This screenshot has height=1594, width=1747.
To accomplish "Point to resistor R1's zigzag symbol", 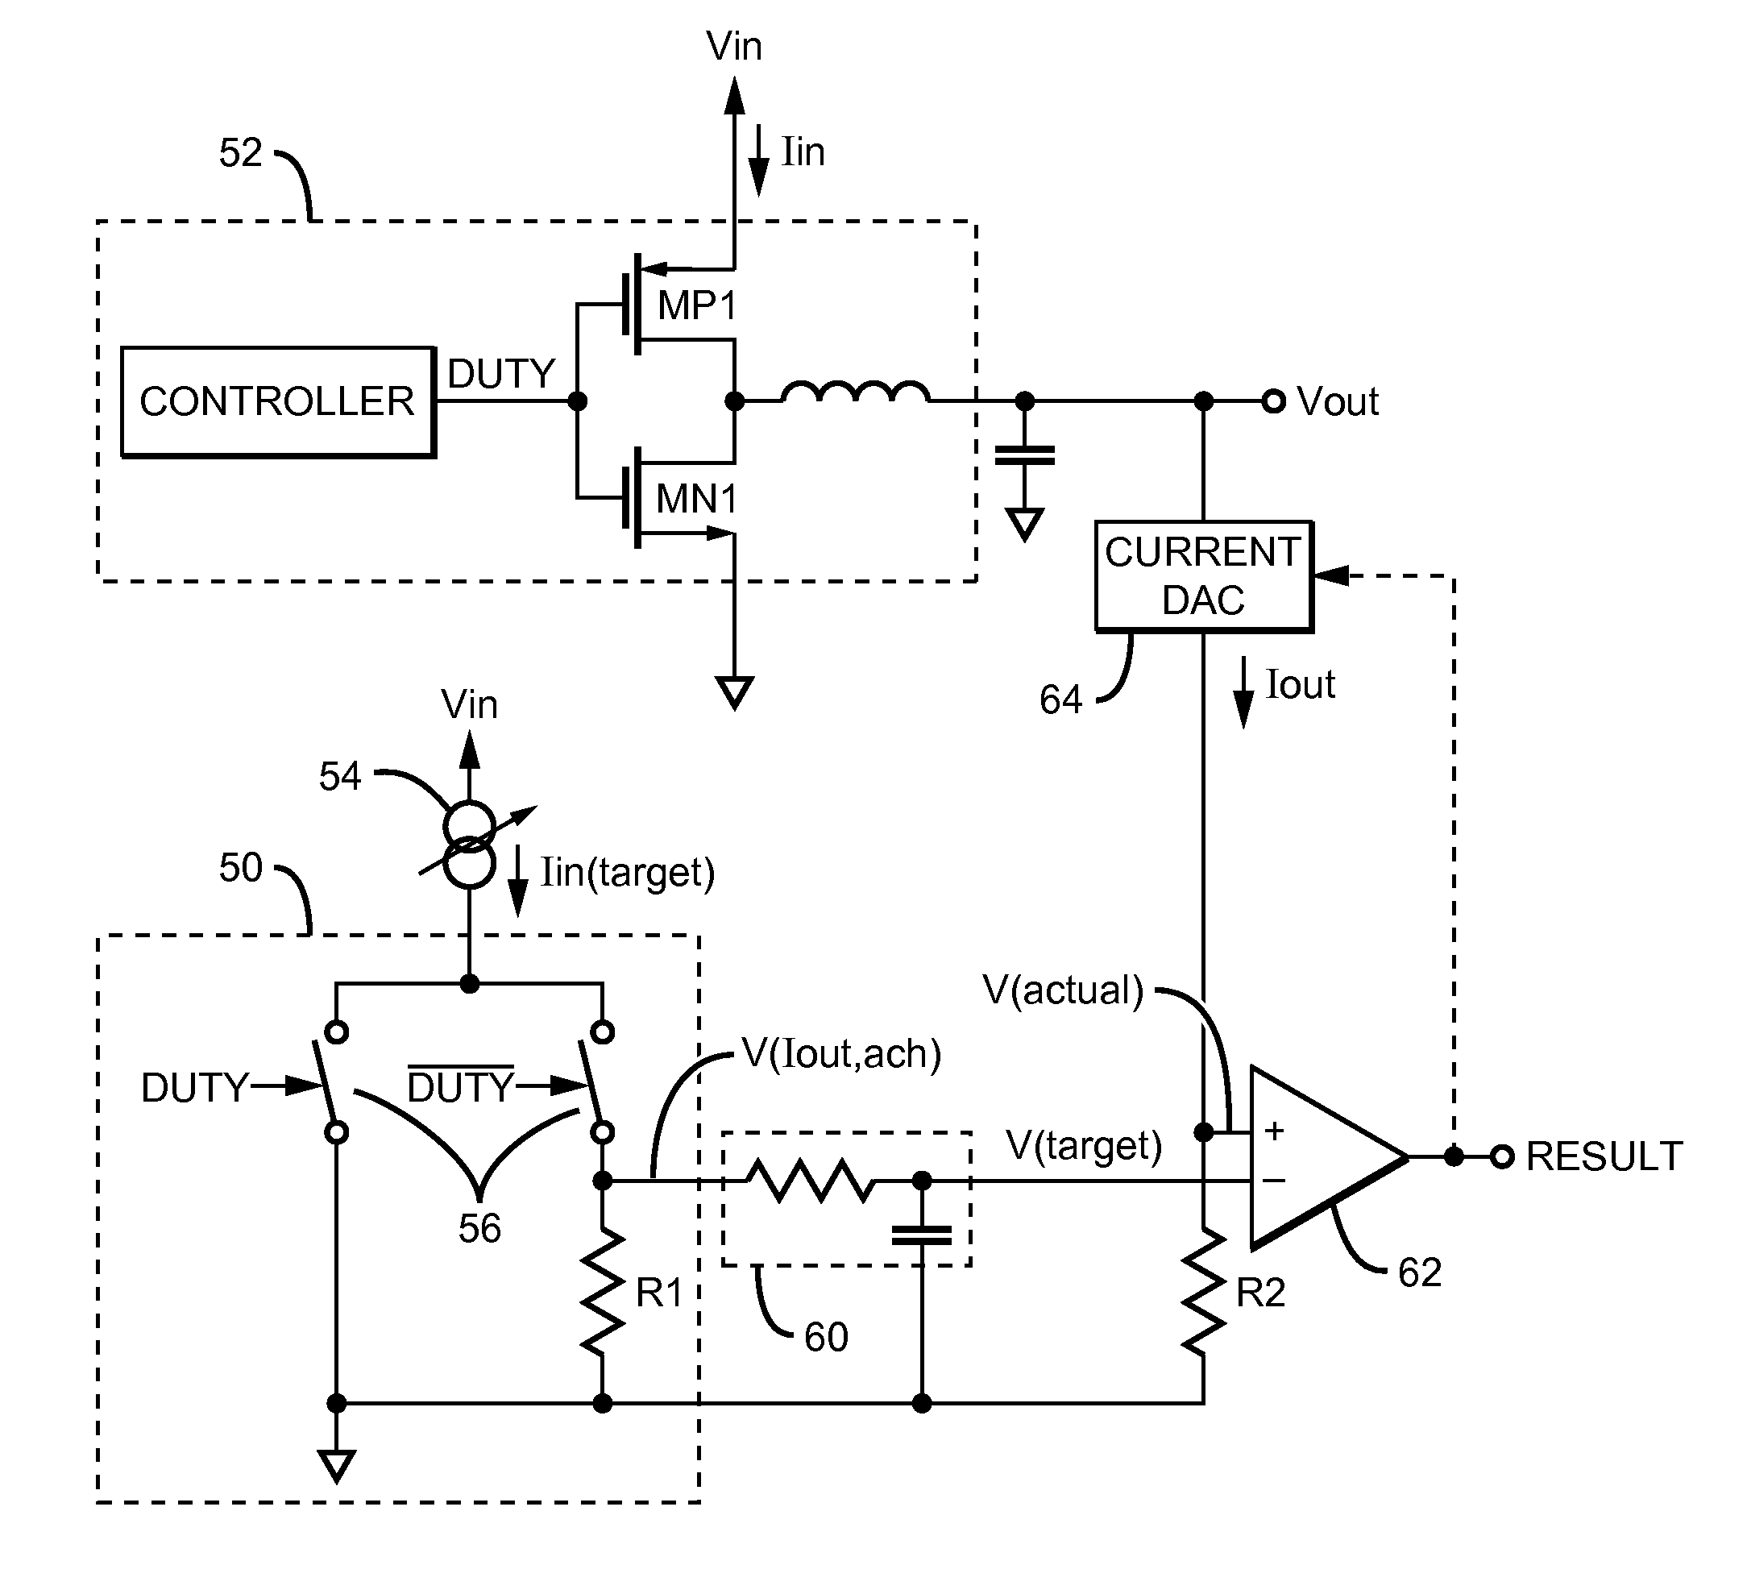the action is tap(603, 1292).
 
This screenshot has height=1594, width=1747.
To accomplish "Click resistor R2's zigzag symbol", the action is tap(1204, 1292).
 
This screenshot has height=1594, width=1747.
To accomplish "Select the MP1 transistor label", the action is tap(697, 305).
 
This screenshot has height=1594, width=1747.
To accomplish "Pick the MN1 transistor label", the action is tap(697, 498).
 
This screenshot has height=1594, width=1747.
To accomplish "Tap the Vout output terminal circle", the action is tap(1273, 401).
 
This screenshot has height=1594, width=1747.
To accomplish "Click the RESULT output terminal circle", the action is tap(1502, 1156).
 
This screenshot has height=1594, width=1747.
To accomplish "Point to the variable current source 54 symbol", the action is tap(470, 845).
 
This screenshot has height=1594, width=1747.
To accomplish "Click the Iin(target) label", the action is tap(628, 873).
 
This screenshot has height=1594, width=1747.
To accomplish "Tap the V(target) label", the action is tap(1084, 1145).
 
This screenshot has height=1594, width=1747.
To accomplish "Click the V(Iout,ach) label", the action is tap(841, 1054).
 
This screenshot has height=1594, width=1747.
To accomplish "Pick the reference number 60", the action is tap(826, 1338).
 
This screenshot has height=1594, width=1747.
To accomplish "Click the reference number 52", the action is tap(240, 153).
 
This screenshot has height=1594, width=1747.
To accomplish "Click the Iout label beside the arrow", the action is tap(1300, 685).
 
